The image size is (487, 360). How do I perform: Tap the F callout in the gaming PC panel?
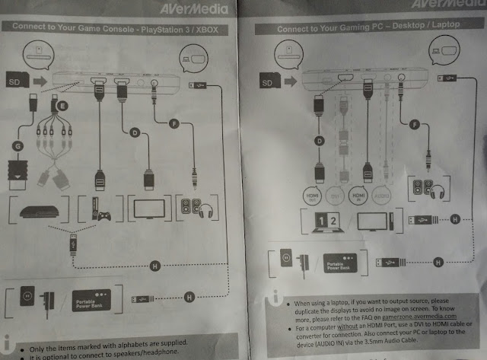coord(414,123)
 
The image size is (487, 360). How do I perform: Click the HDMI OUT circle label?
coord(312,193)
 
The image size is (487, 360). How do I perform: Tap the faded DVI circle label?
coord(340,193)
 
